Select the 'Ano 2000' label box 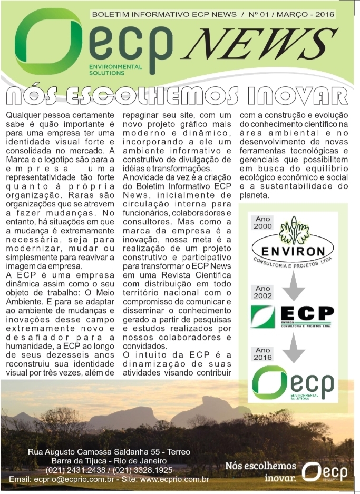(x=264, y=222)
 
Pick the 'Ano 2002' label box (x=263, y=292)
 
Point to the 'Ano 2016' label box (x=262, y=353)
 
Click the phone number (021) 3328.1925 (x=145, y=470)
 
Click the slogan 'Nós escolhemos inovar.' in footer (x=260, y=472)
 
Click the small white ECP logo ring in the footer (x=313, y=471)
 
